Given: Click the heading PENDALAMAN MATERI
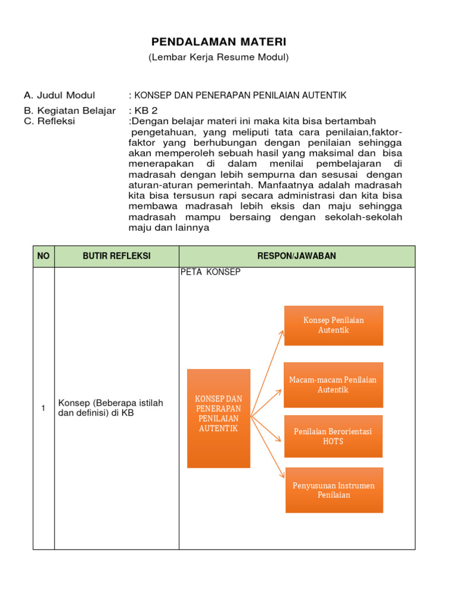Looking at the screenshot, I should [x=218, y=42].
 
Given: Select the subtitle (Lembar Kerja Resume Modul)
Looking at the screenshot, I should [x=218, y=57].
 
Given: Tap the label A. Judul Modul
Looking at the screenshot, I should [x=59, y=95].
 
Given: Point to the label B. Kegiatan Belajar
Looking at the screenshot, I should [x=69, y=111].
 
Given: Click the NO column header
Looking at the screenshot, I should [x=43, y=256].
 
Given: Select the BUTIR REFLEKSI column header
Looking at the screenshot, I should [x=116, y=256].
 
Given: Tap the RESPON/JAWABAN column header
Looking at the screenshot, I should [x=297, y=256].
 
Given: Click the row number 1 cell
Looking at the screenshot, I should [x=43, y=408].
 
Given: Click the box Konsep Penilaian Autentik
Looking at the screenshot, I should [x=334, y=325].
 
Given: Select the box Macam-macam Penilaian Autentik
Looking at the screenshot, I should [x=333, y=385].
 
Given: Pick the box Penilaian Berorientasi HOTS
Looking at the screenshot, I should [x=333, y=437].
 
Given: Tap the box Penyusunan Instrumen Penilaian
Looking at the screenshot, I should [x=334, y=490].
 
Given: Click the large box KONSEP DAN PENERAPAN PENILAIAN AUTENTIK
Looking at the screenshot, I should [x=218, y=418].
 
